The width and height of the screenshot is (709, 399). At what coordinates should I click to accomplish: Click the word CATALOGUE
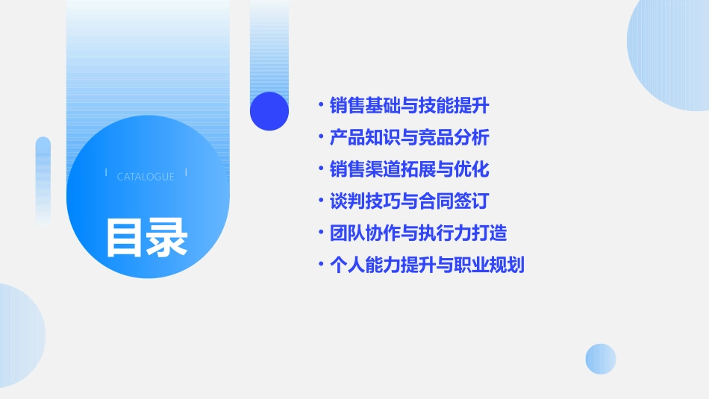click(146, 177)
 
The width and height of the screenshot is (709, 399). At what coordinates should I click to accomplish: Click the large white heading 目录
click(146, 236)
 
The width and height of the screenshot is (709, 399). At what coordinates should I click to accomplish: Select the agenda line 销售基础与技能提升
click(409, 106)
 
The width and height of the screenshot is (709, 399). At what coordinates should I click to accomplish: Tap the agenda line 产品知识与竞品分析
click(409, 138)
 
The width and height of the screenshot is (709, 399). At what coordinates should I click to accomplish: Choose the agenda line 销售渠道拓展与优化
click(409, 169)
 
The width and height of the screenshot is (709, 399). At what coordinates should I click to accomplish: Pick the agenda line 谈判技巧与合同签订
click(409, 201)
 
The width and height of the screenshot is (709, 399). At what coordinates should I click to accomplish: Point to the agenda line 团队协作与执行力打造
click(418, 233)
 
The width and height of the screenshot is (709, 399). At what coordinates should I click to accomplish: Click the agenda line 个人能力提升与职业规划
click(427, 265)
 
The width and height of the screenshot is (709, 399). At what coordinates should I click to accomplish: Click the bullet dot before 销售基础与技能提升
click(320, 106)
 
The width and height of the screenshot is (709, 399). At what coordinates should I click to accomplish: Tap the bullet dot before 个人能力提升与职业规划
click(320, 265)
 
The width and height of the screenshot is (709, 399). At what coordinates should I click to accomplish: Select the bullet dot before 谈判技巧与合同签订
click(320, 201)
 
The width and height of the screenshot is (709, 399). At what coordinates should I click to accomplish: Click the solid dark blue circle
click(269, 111)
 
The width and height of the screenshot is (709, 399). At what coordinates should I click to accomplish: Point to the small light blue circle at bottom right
click(601, 359)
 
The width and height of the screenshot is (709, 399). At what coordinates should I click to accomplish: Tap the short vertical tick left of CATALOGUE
click(106, 173)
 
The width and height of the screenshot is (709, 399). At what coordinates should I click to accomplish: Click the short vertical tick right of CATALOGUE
click(186, 173)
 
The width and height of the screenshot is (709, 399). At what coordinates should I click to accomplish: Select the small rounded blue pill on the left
click(43, 179)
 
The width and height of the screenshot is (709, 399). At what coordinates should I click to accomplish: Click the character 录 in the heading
click(167, 236)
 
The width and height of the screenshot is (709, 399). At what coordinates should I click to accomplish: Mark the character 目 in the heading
click(125, 236)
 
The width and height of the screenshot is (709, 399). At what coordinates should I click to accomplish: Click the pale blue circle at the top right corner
click(669, 48)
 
